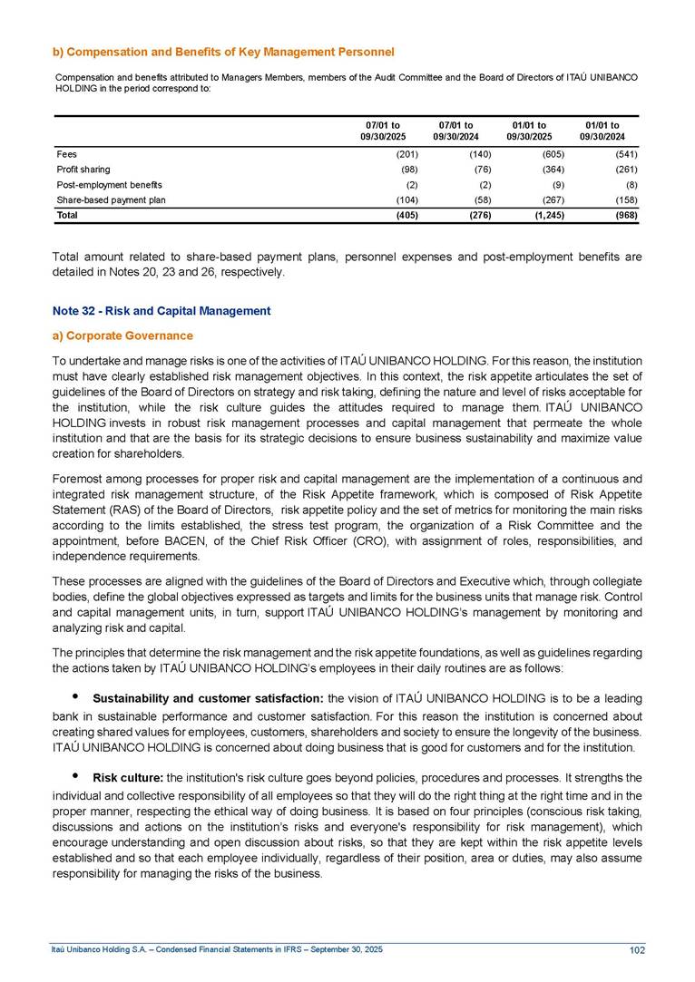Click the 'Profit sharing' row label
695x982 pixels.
point(83,170)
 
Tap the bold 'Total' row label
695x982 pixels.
point(67,216)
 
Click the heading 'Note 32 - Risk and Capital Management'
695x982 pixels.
point(162,311)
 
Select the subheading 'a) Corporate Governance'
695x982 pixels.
point(122,335)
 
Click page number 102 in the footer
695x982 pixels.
point(636,949)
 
